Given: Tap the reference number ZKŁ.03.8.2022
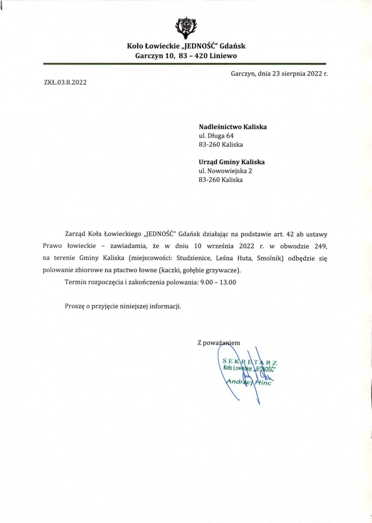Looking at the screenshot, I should [65, 83].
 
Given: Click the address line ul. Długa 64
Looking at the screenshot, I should [216, 135].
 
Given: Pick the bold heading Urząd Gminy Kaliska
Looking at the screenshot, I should [232, 162].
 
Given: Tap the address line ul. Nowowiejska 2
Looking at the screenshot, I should [225, 171].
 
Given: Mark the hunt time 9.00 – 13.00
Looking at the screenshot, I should [218, 282].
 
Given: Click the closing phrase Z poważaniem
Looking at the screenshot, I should [219, 343].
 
